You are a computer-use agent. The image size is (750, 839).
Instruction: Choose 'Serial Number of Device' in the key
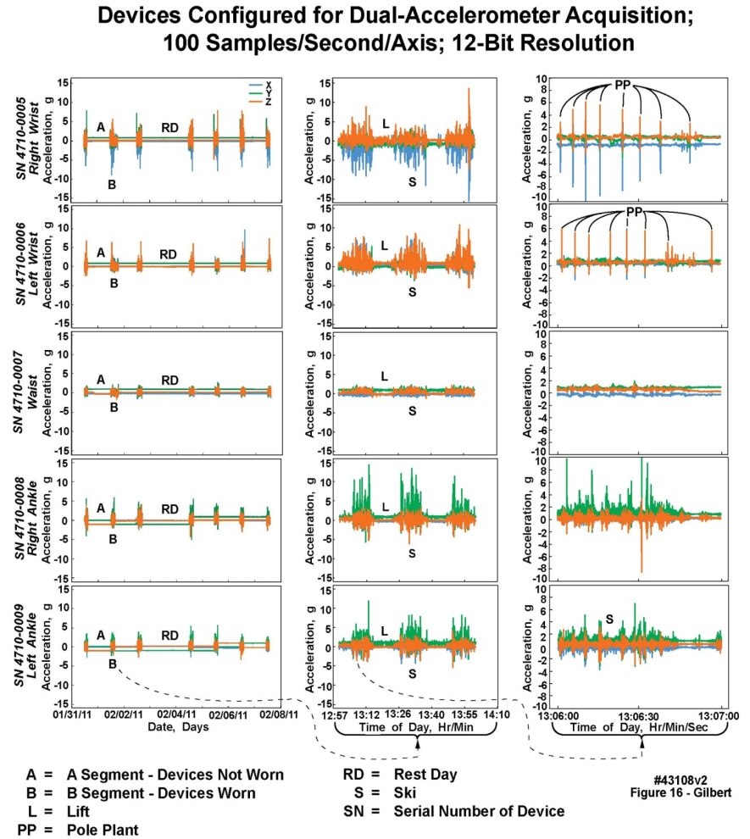pos(479,811)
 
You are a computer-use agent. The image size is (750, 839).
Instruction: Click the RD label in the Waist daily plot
pos(169,381)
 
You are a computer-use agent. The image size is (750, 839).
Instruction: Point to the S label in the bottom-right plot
pos(608,618)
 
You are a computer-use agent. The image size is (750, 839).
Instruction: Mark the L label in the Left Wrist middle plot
pos(384,245)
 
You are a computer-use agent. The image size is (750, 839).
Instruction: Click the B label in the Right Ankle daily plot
pos(114,537)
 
